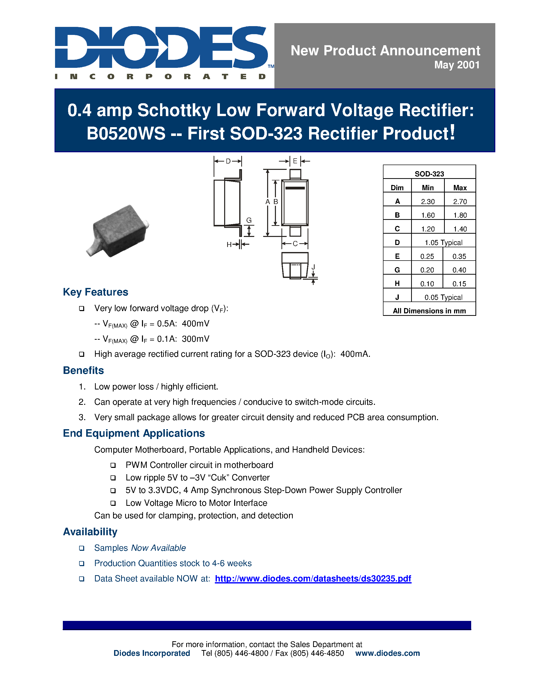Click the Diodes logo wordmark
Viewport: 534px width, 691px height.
pos(161,47)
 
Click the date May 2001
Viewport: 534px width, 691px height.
pos(457,65)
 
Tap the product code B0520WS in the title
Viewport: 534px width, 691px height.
pos(126,133)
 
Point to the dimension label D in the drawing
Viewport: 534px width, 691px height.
pos(228,161)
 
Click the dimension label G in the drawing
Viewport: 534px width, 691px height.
pos(249,220)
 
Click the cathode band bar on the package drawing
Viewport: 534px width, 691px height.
pos(295,188)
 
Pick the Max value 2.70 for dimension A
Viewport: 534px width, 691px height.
pos(460,202)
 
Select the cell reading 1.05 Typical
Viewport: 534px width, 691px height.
pos(443,243)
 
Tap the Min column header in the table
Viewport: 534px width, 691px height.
pos(428,188)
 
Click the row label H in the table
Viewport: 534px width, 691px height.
pos(397,283)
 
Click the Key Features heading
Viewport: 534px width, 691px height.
pos(95,292)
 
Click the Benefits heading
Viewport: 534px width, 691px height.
pos(83,370)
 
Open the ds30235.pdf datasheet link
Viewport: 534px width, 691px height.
pos(313,579)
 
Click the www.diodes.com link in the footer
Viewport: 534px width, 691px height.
pos(387,653)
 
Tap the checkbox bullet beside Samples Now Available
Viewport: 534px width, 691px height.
pos(82,548)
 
